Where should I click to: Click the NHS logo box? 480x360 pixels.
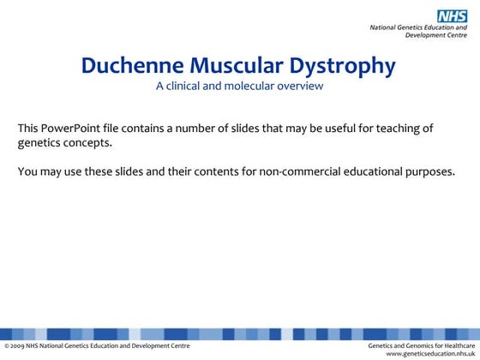[452, 15]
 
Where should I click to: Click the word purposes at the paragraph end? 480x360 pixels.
[430, 171]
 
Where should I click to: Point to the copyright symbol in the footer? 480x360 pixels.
[7, 345]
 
